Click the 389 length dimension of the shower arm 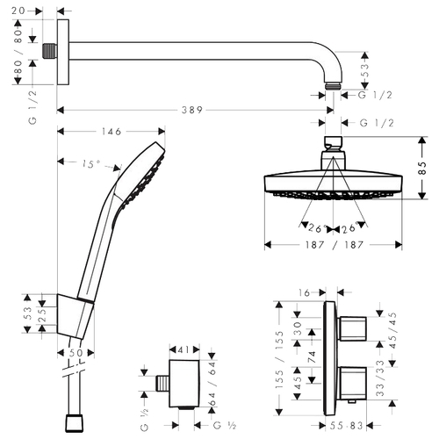tap(192, 110)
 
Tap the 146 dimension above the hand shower tap(112, 132)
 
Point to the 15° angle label tap(91, 164)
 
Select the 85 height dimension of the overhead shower tap(422, 168)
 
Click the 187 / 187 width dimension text tap(335, 245)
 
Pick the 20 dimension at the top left tap(18, 11)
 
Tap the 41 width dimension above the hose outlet tap(184, 349)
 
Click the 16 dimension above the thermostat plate tap(304, 292)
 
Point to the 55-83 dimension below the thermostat tap(346, 426)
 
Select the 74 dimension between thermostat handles tap(312, 357)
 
